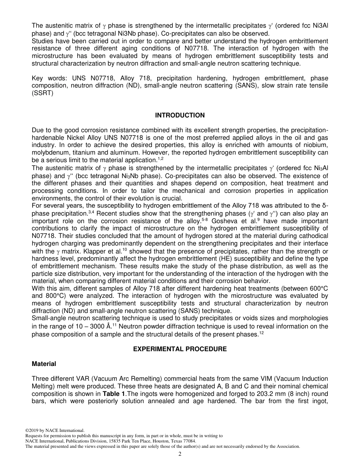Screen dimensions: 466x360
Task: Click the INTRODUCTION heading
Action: click(x=180, y=115)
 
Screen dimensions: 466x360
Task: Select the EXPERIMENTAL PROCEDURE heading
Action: click(x=180, y=349)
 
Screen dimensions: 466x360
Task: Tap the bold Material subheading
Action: click(x=44, y=364)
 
